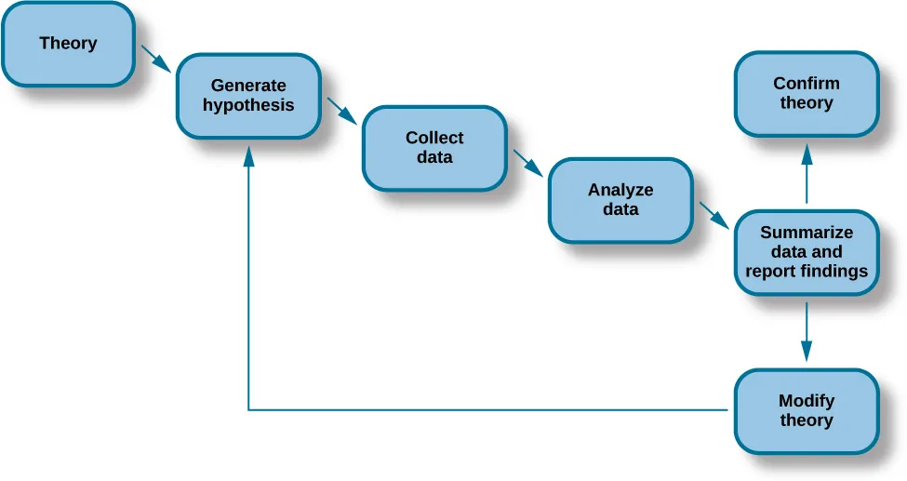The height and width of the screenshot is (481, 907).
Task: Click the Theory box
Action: click(68, 44)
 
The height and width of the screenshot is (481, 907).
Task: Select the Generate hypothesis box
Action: click(248, 96)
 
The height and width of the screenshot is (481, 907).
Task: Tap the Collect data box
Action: click(434, 148)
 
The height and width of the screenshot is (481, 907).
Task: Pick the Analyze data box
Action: click(620, 200)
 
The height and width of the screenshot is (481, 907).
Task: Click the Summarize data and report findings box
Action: click(807, 252)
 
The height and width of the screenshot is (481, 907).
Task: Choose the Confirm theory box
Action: click(807, 93)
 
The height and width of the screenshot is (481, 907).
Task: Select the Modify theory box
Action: click(807, 410)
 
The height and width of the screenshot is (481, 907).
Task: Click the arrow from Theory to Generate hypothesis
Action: click(155, 58)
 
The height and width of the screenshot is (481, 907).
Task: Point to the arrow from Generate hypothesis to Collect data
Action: click(342, 110)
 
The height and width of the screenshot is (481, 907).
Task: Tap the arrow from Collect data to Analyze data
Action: click(527, 162)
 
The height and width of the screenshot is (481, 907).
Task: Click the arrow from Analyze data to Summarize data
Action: click(714, 214)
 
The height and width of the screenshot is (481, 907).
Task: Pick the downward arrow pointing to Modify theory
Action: click(807, 331)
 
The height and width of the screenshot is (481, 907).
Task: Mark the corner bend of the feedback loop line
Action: click(248, 409)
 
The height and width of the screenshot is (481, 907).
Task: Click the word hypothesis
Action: click(248, 105)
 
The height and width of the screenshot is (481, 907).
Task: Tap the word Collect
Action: click(434, 138)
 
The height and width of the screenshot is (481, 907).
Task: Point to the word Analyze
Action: click(620, 190)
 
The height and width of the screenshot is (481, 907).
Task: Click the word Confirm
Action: click(807, 83)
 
